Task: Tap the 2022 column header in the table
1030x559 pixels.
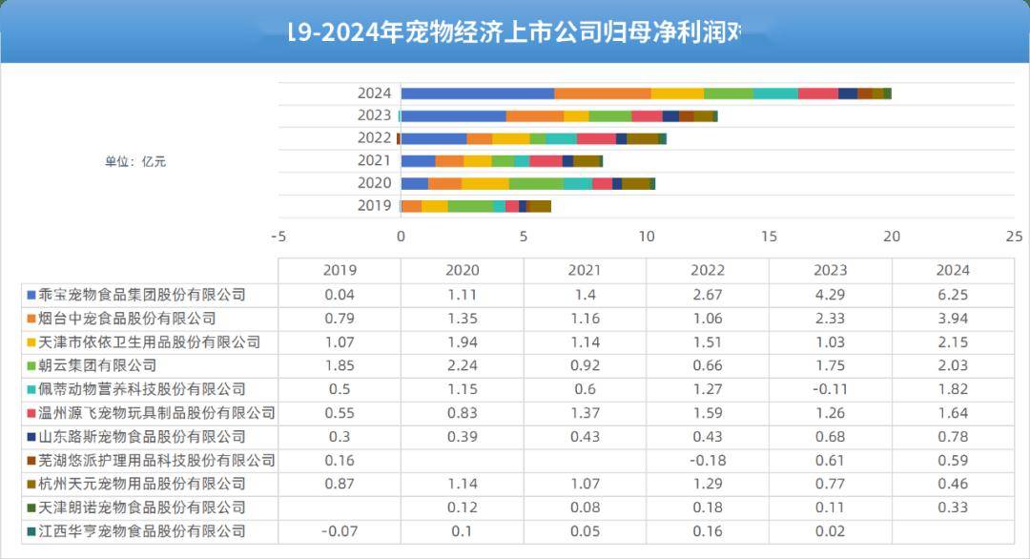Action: (707, 271)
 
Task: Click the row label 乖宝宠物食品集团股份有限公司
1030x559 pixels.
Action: (142, 295)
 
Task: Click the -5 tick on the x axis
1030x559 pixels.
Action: (278, 237)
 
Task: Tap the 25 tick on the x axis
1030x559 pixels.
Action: (1014, 237)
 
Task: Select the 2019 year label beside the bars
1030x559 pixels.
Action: (374, 206)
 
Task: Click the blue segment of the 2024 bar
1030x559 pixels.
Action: (477, 93)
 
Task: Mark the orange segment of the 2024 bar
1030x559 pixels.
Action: (603, 93)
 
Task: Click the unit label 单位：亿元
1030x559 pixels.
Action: (135, 161)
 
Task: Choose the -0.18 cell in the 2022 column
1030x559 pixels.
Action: (707, 461)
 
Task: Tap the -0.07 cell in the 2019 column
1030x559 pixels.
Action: (340, 531)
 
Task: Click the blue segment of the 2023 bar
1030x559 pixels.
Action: (453, 116)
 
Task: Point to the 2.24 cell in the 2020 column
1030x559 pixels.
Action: (462, 365)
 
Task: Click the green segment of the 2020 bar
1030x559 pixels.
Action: (536, 183)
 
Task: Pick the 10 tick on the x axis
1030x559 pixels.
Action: (646, 237)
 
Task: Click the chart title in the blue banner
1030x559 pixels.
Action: (515, 33)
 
